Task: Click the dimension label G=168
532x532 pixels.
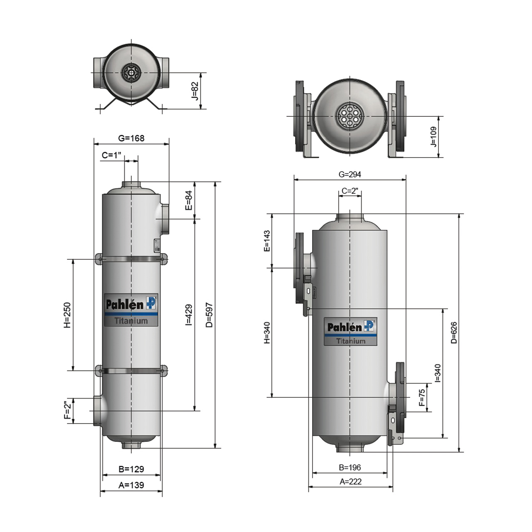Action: point(131,138)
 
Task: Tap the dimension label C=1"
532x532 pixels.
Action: point(111,155)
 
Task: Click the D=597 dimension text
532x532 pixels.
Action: point(209,315)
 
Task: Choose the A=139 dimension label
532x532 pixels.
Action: point(131,485)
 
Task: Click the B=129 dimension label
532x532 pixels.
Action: point(131,469)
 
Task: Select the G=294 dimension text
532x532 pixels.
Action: point(350,174)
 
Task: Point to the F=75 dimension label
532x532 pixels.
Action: point(422,397)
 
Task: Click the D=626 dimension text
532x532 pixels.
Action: point(454,332)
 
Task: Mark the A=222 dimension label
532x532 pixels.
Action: point(350,482)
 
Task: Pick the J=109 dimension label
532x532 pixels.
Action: point(433,137)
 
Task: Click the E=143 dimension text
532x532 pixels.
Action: point(267,241)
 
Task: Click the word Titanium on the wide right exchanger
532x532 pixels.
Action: point(351,341)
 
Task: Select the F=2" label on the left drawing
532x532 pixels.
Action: point(67,410)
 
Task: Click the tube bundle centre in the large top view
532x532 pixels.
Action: point(350,116)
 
